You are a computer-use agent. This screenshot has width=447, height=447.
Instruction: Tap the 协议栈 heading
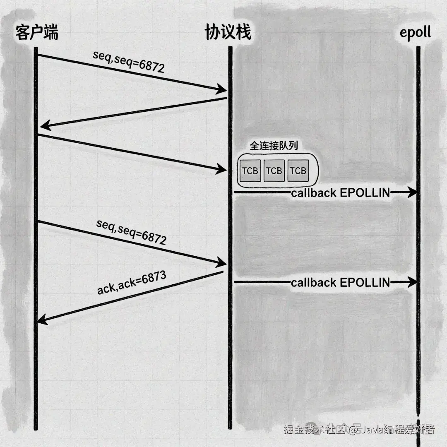[228, 33]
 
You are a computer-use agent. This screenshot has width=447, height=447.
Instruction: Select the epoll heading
[415, 33]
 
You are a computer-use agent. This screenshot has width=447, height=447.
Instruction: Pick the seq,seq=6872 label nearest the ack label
[131, 232]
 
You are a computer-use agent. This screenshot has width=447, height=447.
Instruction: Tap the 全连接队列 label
[274, 145]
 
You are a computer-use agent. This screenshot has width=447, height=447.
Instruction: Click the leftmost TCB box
[250, 171]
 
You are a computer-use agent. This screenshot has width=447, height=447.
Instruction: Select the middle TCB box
[274, 171]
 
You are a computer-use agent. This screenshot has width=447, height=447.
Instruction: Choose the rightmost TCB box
[298, 171]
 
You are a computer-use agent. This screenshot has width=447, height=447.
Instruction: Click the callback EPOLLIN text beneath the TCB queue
[340, 192]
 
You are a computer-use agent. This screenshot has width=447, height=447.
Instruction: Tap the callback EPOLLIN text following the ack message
[340, 282]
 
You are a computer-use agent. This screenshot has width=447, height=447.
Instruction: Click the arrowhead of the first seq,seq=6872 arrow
[222, 89]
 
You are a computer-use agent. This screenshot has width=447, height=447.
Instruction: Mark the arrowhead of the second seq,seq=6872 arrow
[222, 263]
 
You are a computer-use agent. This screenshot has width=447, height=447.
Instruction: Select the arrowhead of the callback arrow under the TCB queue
[412, 192]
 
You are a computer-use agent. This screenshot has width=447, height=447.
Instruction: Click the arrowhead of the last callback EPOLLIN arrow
[412, 282]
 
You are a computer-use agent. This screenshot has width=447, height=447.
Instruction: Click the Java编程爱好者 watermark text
[397, 430]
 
